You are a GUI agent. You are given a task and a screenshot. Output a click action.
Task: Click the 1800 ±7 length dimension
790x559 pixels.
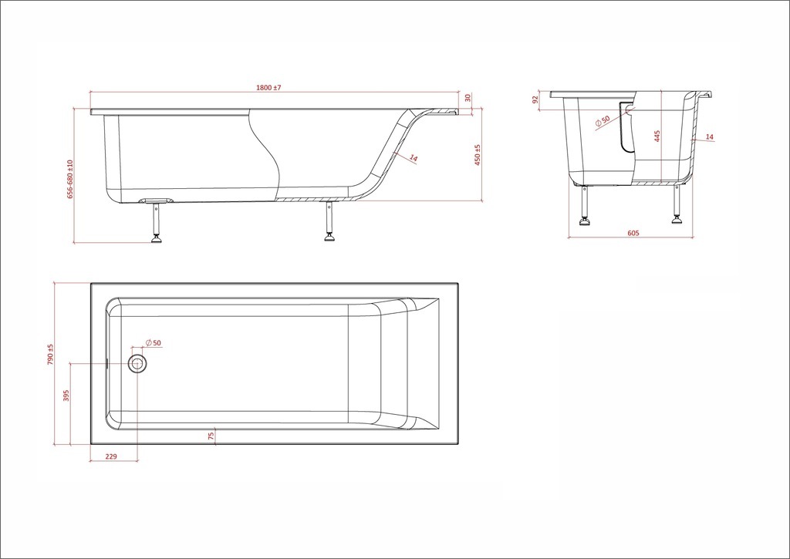[x=268, y=88]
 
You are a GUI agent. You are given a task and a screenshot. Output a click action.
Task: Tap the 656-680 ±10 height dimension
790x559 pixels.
[x=70, y=180]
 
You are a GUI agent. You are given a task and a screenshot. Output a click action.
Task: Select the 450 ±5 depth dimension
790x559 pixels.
[x=477, y=155]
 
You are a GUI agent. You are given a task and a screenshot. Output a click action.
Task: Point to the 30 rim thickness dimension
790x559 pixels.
[x=468, y=98]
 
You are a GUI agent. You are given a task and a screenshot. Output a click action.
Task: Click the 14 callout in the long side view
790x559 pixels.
[x=414, y=158]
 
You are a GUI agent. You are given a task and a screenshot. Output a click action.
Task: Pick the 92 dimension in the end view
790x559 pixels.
[x=535, y=99]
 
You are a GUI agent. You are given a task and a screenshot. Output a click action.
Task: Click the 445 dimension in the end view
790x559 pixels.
[x=657, y=136]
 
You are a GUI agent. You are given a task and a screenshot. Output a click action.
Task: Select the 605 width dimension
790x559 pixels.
[x=633, y=233]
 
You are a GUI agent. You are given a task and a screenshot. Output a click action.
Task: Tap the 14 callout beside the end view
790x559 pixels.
[x=710, y=137]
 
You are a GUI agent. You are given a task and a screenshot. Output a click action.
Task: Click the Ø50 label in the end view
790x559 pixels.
[x=603, y=121]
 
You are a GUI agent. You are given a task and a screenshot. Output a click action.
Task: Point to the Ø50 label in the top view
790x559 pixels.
[x=154, y=342]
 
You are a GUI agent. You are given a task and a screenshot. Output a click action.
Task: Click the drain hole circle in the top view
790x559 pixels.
[x=137, y=363]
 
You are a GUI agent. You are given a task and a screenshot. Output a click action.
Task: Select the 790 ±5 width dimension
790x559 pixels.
[x=50, y=355]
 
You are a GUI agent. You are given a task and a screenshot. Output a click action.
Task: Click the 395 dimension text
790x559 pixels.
[x=66, y=396]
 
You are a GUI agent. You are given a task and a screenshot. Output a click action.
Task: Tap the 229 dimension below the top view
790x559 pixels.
[x=111, y=456]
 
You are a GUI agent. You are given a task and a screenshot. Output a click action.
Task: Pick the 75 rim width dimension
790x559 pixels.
[x=211, y=436]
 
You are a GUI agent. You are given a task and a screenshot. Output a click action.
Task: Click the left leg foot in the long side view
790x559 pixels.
[x=157, y=238]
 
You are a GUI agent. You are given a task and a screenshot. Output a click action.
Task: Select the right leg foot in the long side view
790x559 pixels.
[x=329, y=237]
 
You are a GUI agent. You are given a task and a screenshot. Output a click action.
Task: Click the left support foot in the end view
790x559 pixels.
[x=585, y=221]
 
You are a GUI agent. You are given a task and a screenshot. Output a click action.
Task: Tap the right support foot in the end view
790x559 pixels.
[x=676, y=218]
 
